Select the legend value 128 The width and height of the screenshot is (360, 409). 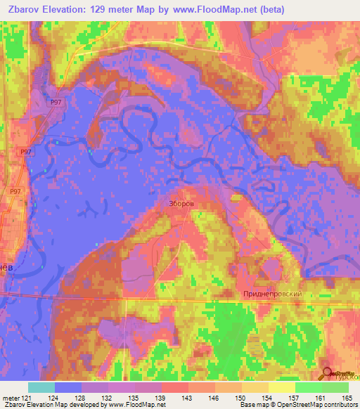(x=82, y=398)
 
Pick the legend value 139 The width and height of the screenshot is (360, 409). (x=161, y=398)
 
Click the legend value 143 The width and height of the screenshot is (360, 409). (x=188, y=398)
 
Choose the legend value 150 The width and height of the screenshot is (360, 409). (x=240, y=398)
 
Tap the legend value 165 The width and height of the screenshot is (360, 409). (x=347, y=398)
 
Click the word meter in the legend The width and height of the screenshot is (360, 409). (x=10, y=398)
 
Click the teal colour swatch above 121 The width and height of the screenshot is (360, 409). (x=41, y=387)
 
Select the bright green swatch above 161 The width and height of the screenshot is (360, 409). (x=307, y=387)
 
